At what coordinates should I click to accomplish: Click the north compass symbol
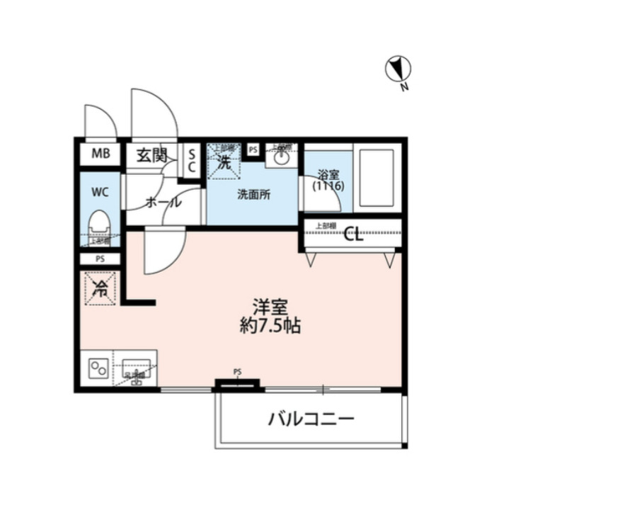[398, 69]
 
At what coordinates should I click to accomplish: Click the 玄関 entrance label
[151, 154]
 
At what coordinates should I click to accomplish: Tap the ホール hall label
[163, 202]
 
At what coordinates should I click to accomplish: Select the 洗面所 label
[253, 196]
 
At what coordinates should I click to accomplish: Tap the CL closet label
[353, 236]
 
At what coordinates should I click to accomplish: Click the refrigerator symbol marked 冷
[100, 288]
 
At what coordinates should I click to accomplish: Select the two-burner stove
[98, 369]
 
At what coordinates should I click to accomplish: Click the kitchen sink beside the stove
[135, 369]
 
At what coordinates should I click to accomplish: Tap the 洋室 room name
[270, 308]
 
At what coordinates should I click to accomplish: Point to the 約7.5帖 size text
[270, 327]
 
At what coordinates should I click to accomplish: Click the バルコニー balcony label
[311, 419]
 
